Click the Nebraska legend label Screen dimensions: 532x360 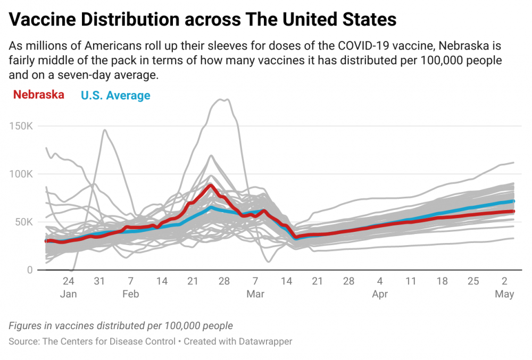click(x=39, y=95)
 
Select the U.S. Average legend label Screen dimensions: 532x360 click(x=115, y=96)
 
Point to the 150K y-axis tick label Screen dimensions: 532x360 click(x=21, y=126)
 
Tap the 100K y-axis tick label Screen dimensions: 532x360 click(x=21, y=174)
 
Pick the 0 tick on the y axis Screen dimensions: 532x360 click(x=30, y=270)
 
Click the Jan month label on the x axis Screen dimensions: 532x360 click(x=68, y=294)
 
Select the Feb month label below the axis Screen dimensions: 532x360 click(x=131, y=294)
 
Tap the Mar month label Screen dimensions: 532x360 click(x=255, y=294)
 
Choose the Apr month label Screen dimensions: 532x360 click(x=380, y=294)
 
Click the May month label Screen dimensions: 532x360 click(x=504, y=294)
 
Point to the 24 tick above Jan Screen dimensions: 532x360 click(x=68, y=281)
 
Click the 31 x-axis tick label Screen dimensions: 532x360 click(x=99, y=281)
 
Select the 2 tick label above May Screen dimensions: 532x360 click(x=504, y=281)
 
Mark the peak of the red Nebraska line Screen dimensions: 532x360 click(x=211, y=186)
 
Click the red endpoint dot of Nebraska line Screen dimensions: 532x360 click(x=513, y=212)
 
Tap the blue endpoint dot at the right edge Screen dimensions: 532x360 click(x=513, y=202)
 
